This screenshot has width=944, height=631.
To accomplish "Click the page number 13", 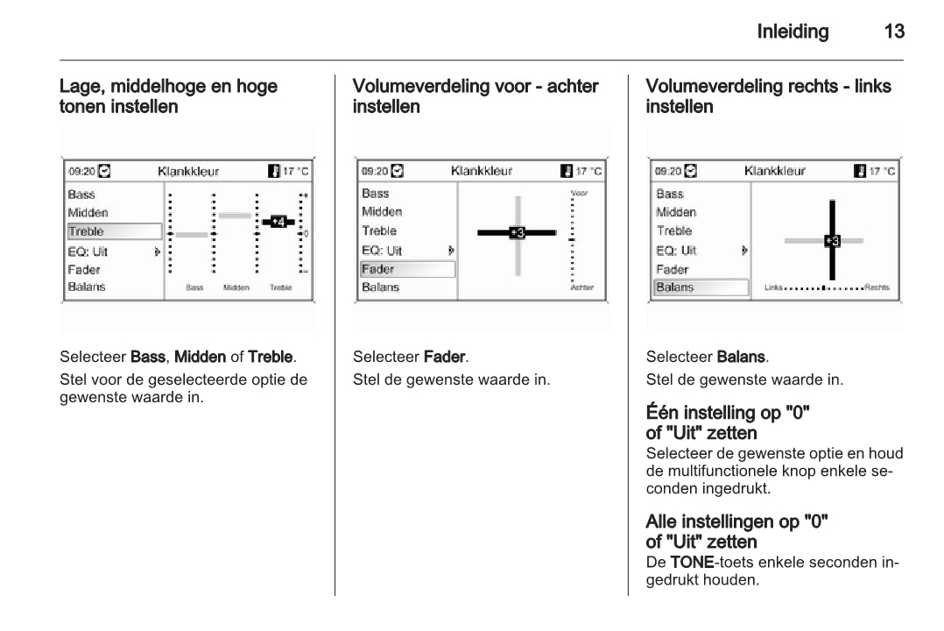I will point(894,33).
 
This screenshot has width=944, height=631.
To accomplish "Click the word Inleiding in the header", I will point(793,33).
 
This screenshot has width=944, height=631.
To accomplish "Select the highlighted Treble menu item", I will point(115,231).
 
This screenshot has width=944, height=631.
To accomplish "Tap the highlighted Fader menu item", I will point(407,269).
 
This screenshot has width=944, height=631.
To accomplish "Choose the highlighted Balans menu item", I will point(701,287).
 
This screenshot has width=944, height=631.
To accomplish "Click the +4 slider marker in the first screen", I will point(278,222).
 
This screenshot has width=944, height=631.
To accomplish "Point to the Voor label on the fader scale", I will point(580,193).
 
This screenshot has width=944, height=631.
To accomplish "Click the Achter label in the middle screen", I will point(581,287).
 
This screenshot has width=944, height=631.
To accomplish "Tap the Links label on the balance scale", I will point(773,287).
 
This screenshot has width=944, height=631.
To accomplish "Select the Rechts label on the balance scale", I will point(877,287).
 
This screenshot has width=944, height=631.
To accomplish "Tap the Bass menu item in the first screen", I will point(81,195).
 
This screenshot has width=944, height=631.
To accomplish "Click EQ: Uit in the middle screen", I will point(382,251).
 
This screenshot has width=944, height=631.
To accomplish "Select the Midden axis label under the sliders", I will point(236,287).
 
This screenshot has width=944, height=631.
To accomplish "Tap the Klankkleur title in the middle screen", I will point(482,170).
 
